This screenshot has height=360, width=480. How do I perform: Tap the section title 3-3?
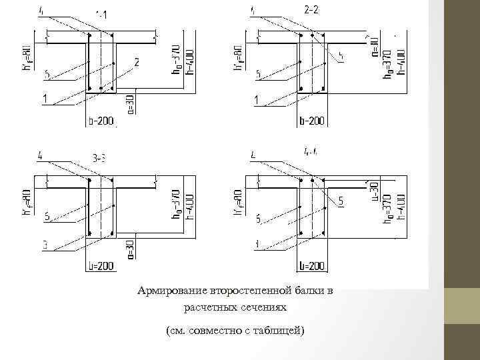pos(101,159)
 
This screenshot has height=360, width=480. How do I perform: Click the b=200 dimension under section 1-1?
pos(101,121)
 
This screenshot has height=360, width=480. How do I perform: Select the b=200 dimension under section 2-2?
pos(311,121)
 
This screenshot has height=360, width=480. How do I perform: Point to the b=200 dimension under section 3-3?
pos(101,266)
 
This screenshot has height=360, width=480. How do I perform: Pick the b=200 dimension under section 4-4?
pos(311,266)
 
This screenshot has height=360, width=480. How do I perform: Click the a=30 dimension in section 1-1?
pos(131,104)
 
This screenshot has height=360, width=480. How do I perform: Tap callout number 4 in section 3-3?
pos(41,157)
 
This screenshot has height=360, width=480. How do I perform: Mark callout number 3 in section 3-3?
pos(44,245)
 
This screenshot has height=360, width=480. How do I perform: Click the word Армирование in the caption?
pos(171,291)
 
